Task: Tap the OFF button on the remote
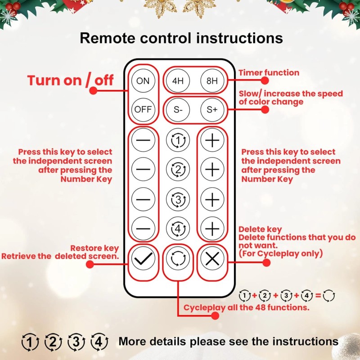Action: (x=143, y=109)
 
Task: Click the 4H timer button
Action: (x=178, y=81)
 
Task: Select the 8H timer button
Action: (x=212, y=81)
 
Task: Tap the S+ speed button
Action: (x=212, y=109)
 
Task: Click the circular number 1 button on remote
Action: (x=178, y=141)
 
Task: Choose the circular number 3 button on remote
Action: (x=178, y=198)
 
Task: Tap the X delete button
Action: (x=212, y=259)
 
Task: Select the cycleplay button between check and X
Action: (x=178, y=259)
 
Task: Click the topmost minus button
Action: (x=143, y=141)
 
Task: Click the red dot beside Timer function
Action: (x=265, y=81)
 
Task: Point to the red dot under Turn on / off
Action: (x=93, y=90)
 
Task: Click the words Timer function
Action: (x=269, y=72)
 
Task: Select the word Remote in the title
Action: (x=108, y=38)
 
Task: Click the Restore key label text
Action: (x=95, y=248)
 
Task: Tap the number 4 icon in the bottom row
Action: (x=99, y=342)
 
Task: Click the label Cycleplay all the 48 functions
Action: (x=246, y=308)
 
